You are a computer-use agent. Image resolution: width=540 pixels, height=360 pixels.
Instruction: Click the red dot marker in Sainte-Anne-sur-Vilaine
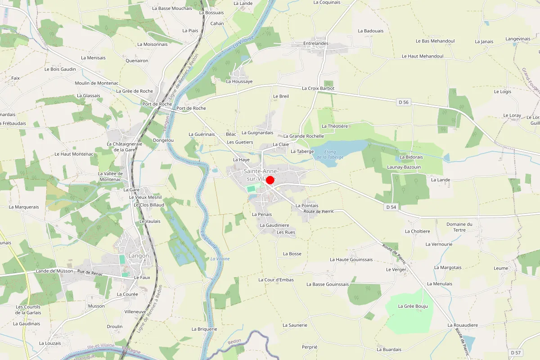[x=270, y=180]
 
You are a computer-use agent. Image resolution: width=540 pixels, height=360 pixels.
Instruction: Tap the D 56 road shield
[x=404, y=103]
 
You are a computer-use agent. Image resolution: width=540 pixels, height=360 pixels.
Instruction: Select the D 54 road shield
[x=391, y=207]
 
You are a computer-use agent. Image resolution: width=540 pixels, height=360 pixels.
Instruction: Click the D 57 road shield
[x=516, y=352]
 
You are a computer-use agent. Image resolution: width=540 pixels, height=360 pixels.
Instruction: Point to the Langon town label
[x=139, y=256]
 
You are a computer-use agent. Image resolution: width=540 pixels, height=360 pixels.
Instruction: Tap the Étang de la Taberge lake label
[x=330, y=154]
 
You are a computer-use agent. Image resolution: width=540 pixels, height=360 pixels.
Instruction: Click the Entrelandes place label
[x=316, y=44]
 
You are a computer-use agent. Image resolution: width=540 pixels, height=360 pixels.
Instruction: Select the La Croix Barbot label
[x=318, y=89]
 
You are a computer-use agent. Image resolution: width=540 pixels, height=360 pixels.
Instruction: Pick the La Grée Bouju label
[x=413, y=306]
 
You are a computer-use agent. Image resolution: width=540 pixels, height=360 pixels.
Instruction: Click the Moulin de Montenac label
[x=97, y=83]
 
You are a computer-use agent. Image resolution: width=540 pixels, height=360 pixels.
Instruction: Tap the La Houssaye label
[x=239, y=81]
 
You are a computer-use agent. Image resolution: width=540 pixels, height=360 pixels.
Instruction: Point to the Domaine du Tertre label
[x=459, y=227]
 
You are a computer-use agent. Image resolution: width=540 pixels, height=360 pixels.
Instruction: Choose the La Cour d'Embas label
[x=276, y=280]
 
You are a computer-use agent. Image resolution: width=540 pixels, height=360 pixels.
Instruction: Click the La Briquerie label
[x=204, y=329]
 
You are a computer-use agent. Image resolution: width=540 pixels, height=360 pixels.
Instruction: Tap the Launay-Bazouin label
[x=404, y=167]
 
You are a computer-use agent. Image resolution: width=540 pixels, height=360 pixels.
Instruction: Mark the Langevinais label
[x=518, y=39]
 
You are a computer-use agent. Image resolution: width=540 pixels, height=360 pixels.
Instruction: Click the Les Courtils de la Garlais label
[x=28, y=310]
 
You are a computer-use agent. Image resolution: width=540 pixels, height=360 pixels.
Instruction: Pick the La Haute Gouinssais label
[x=351, y=260]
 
